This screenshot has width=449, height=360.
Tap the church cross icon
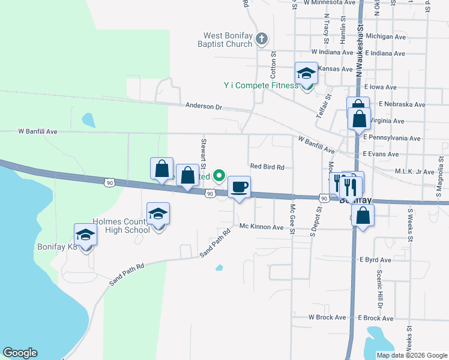pos(261,40)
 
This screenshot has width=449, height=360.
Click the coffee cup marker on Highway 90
pos(239,188)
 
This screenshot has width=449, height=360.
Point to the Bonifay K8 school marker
pos(85,235)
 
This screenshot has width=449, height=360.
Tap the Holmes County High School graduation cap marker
pos(158,214)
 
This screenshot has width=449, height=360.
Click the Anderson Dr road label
pos(203,106)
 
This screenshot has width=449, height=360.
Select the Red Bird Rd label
pos(267,167)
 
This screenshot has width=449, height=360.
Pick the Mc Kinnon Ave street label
pos(261,227)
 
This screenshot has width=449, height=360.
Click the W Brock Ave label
pos(327,317)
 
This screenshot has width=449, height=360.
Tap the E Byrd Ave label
pos(375,260)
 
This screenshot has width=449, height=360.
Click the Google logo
pos(20,353)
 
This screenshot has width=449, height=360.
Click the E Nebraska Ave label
pos(402,104)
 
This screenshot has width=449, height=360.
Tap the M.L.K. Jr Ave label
pos(414,172)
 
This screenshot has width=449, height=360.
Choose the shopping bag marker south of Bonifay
pos(363,216)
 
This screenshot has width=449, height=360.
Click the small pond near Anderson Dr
pos(89,120)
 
